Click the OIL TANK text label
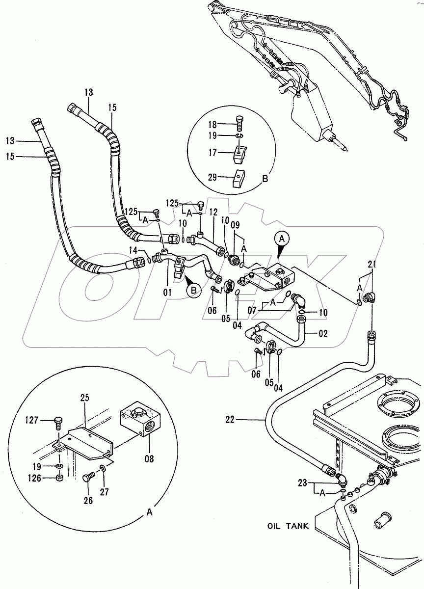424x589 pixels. pyautogui.click(x=288, y=526)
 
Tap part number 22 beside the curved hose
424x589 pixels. pyautogui.click(x=230, y=420)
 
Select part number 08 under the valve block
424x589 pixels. pyautogui.click(x=149, y=459)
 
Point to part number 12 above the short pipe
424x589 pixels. pyautogui.click(x=213, y=213)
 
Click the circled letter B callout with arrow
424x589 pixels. pyautogui.click(x=194, y=291)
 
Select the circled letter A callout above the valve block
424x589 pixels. pyautogui.click(x=282, y=239)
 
